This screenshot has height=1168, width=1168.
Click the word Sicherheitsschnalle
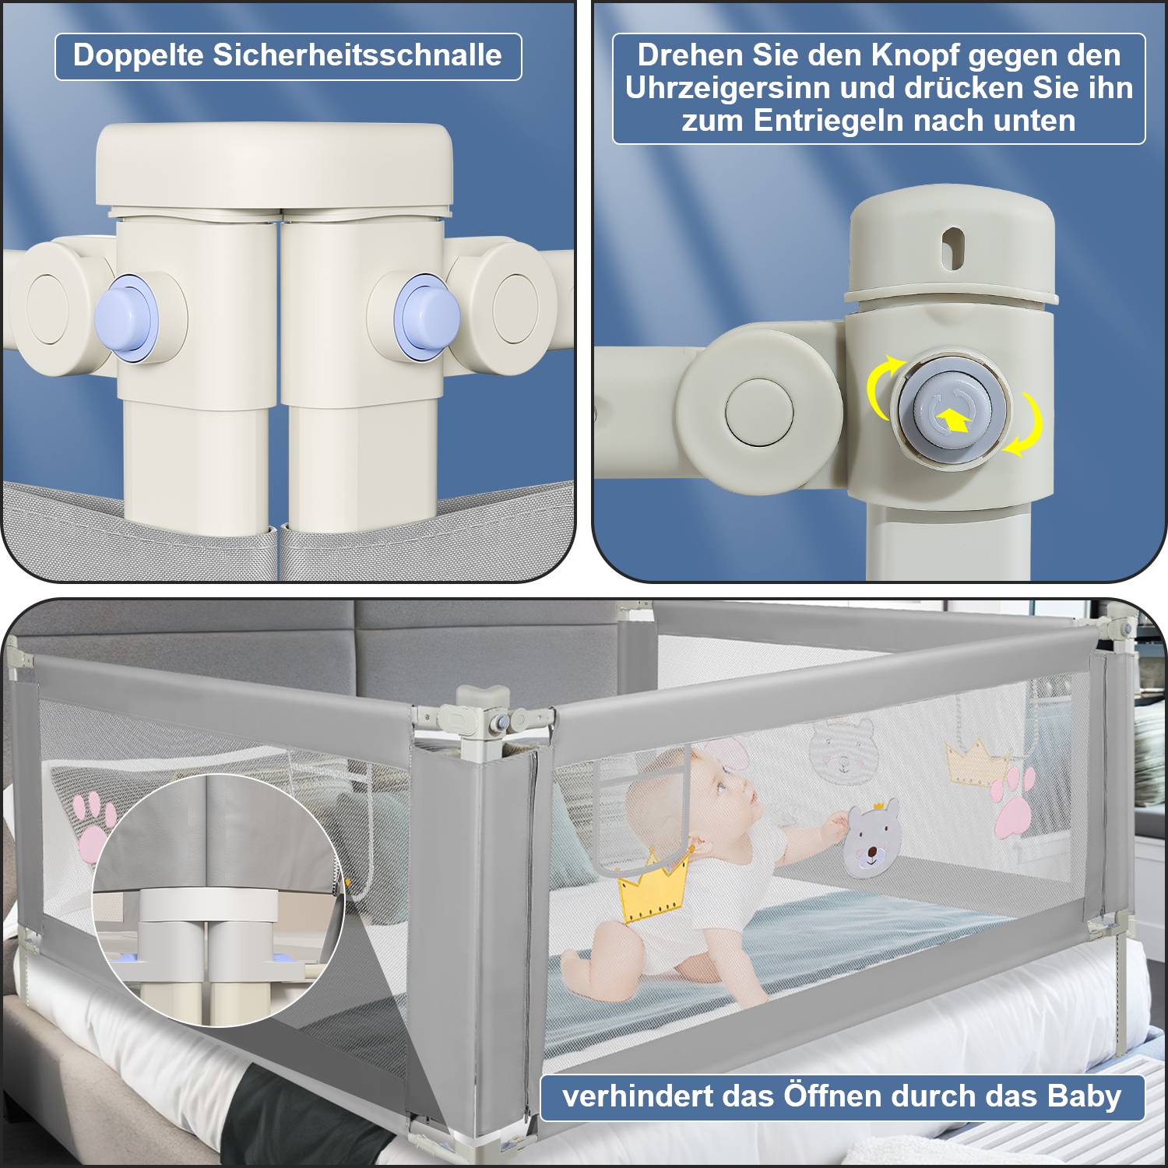(357, 56)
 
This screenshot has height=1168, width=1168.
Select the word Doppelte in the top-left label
(137, 56)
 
